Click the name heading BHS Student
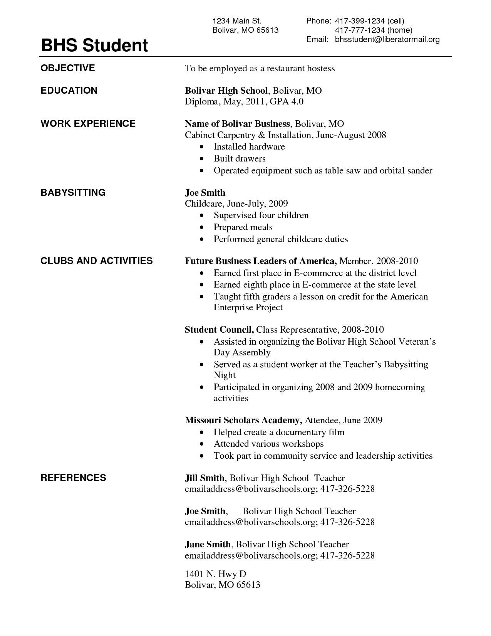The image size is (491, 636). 94,45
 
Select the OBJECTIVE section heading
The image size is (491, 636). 67,68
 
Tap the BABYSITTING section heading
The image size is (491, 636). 73,192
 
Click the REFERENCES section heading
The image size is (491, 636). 73,478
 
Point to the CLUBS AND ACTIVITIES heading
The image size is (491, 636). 96,261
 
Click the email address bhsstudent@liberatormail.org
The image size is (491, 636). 387,39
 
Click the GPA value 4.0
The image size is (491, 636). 297,101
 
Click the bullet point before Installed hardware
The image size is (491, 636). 202,147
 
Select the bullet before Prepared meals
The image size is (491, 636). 202,228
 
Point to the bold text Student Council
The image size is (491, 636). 219,330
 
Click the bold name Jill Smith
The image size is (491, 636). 204,478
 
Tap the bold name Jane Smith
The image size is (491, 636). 208,544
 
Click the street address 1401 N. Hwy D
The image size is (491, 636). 215,574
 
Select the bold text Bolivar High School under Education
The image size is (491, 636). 226,91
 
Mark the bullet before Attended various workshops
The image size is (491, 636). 202,444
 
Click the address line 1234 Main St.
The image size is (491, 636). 237,21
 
